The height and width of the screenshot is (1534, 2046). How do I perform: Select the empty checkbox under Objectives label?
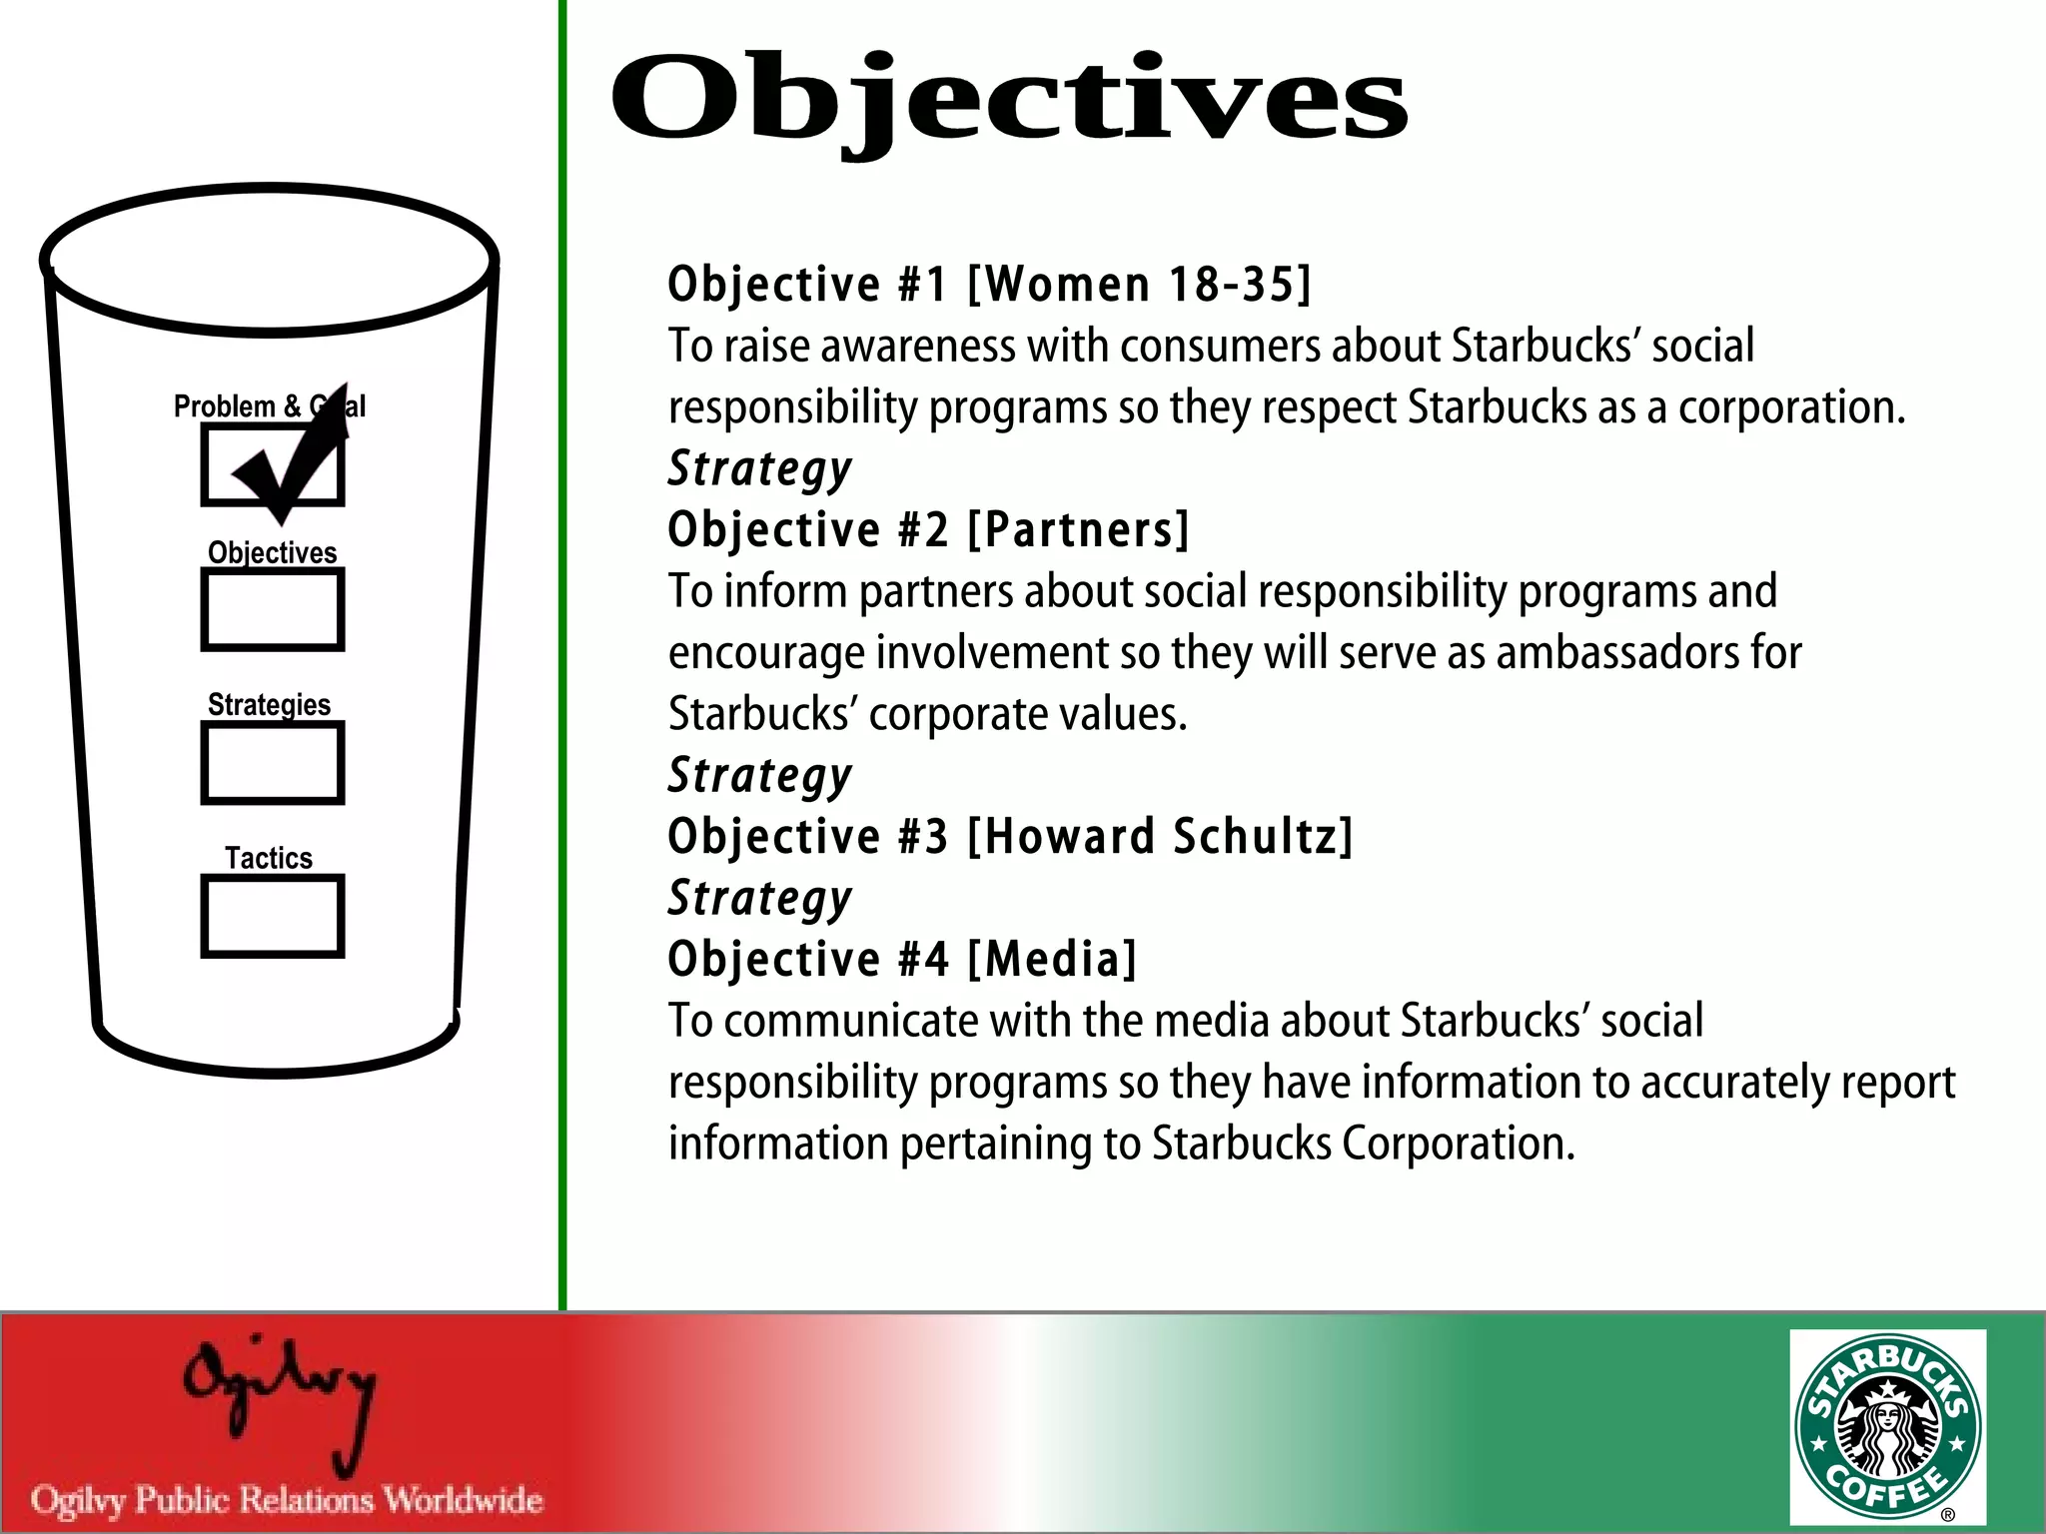click(x=273, y=609)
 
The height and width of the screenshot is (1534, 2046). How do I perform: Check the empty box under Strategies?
click(x=273, y=763)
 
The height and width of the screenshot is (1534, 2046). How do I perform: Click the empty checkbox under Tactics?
click(x=273, y=916)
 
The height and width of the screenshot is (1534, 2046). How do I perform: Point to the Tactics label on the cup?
click(x=268, y=858)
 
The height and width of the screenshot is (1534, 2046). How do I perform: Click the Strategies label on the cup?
click(x=269, y=704)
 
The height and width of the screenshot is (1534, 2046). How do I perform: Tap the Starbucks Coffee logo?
click(x=1887, y=1427)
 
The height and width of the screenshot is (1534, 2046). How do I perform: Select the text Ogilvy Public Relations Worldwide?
click(x=287, y=1499)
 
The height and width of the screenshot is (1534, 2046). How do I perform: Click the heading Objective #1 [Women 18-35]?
click(x=989, y=284)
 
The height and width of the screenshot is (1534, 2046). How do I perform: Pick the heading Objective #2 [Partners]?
click(x=928, y=529)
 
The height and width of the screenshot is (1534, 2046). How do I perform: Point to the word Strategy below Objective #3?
click(x=759, y=898)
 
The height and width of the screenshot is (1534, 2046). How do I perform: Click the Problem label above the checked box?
click(x=224, y=406)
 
